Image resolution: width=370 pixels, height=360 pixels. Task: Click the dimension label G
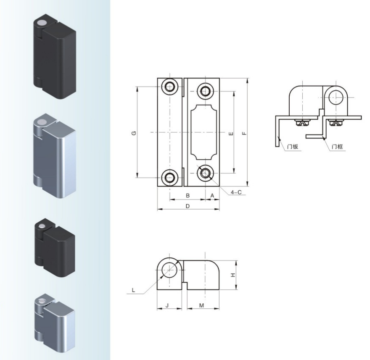(134, 133)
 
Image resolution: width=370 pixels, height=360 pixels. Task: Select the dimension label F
(244, 134)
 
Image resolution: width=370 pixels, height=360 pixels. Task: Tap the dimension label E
(231, 134)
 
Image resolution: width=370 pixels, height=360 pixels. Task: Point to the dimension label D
(188, 206)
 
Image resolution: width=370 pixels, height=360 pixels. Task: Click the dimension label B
(188, 195)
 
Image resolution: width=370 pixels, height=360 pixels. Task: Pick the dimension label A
(212, 195)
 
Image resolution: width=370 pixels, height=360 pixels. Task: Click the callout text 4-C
(236, 192)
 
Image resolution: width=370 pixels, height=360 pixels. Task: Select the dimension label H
(233, 275)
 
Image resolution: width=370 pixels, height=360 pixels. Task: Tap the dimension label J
(167, 305)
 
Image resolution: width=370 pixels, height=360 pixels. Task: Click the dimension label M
(201, 305)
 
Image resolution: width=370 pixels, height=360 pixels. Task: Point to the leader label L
(133, 290)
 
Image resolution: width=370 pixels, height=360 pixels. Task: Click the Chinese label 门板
(293, 147)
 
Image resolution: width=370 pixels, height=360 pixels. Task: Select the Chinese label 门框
(337, 147)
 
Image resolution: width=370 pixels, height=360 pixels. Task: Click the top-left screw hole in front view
(169, 87)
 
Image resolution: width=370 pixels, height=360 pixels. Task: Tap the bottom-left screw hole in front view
(169, 178)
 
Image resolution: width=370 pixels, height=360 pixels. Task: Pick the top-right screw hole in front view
(205, 91)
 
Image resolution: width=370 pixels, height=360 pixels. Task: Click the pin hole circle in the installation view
(336, 98)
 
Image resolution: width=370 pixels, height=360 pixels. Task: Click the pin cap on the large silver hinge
(42, 123)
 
